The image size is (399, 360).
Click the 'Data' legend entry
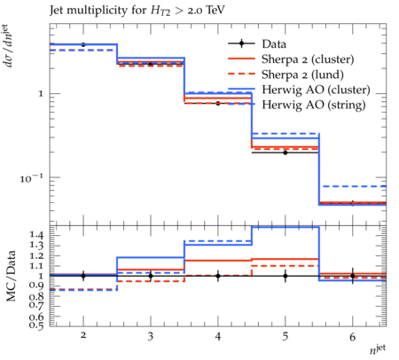274,44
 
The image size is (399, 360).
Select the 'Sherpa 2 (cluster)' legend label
308,59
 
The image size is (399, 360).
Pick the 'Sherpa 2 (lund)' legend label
302,74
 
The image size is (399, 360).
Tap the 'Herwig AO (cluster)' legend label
316,90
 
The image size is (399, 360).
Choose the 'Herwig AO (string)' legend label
314,105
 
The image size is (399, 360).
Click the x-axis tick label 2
83,336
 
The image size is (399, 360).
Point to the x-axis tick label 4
218,336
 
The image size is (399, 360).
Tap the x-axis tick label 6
353,336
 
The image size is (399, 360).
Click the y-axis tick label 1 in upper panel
41,94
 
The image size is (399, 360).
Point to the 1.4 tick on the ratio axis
36,236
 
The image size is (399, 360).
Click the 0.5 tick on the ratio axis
36,325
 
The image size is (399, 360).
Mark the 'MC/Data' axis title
11,276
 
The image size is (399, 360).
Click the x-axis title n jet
378,348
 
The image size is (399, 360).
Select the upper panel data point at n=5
286,153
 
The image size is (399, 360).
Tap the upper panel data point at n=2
83,44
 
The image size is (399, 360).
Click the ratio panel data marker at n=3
151,276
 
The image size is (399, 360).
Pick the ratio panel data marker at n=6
353,276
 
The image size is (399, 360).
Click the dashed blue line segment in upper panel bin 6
353,186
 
